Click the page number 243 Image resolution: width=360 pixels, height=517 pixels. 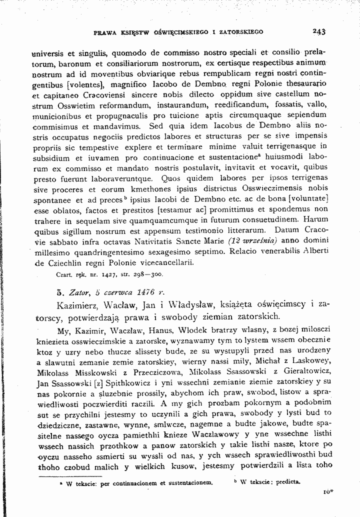tap(319, 31)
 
